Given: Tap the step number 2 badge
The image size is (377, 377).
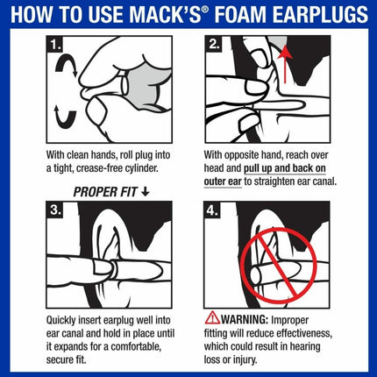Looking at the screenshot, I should pyautogui.click(x=212, y=43).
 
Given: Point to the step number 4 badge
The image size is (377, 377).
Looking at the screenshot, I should pyautogui.click(x=212, y=210).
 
